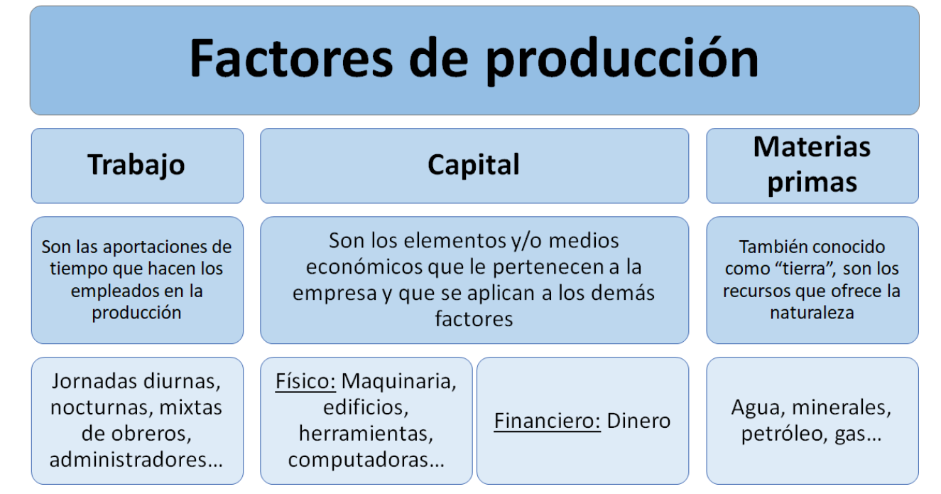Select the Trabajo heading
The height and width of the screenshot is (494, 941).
(x=136, y=165)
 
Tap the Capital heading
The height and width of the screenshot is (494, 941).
(x=474, y=164)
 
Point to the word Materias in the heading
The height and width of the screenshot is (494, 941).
(x=812, y=147)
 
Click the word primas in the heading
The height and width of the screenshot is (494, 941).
(x=812, y=183)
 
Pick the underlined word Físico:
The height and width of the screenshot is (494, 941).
(x=305, y=382)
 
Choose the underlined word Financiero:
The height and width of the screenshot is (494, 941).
(x=547, y=421)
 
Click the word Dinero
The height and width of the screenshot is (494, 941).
(x=638, y=421)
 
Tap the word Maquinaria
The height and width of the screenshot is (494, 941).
(x=398, y=382)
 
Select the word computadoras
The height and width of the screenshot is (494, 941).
(x=361, y=460)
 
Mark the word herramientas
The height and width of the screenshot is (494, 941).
(x=366, y=434)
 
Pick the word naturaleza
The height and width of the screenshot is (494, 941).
(x=812, y=313)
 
